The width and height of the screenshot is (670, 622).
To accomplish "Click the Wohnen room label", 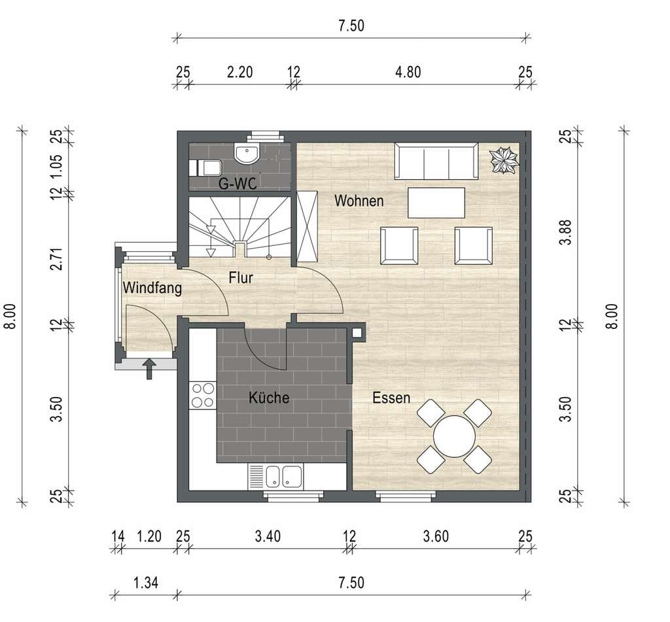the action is (359, 201).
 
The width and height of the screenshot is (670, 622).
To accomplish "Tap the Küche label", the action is (269, 398).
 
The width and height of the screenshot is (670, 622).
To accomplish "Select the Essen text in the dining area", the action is (391, 398).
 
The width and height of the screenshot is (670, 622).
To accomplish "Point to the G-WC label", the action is (238, 184).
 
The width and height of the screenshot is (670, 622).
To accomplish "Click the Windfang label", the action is (152, 288).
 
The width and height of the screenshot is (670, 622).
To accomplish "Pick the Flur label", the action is (241, 278).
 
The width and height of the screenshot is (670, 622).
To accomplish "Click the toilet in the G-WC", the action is (205, 167).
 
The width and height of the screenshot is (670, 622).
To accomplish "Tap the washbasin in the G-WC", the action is (247, 154).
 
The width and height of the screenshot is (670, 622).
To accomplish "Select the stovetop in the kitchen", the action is (203, 395).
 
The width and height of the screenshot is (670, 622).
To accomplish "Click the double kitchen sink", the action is (284, 477).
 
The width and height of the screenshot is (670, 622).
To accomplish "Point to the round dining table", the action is (454, 437).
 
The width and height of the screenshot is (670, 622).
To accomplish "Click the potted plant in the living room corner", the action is (504, 160).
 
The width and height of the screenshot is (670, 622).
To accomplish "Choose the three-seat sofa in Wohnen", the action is (436, 161).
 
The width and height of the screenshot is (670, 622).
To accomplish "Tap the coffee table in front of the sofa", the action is (436, 203).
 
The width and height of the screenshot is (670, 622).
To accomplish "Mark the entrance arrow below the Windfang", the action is (149, 369).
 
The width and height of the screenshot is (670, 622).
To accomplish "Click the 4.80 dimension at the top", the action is (408, 72).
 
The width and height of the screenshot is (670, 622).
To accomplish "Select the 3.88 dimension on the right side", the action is (566, 232).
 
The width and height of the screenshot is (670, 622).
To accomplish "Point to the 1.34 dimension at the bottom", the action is (146, 582).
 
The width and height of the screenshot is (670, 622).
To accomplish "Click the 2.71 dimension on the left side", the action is (56, 259).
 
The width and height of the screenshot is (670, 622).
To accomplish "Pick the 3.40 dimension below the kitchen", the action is (268, 536).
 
